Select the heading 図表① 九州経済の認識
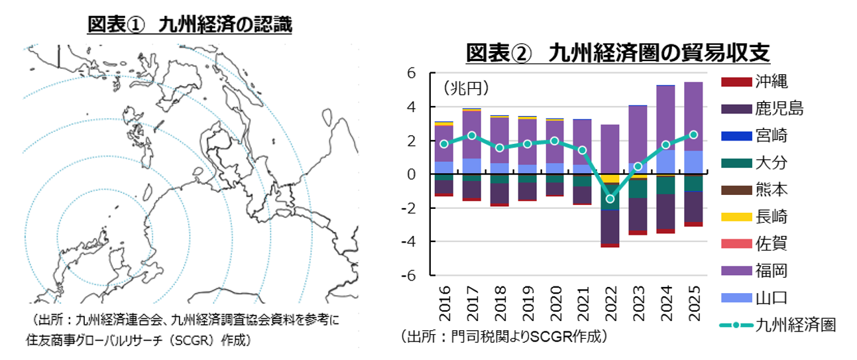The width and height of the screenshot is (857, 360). coord(190,25)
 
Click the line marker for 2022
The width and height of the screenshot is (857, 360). coord(610,199)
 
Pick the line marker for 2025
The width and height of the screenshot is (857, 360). coord(693,135)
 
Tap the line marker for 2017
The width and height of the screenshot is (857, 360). coord(471,135)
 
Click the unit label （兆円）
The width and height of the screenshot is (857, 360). coord(465,88)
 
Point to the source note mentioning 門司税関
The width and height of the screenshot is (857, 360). coord(504,337)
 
